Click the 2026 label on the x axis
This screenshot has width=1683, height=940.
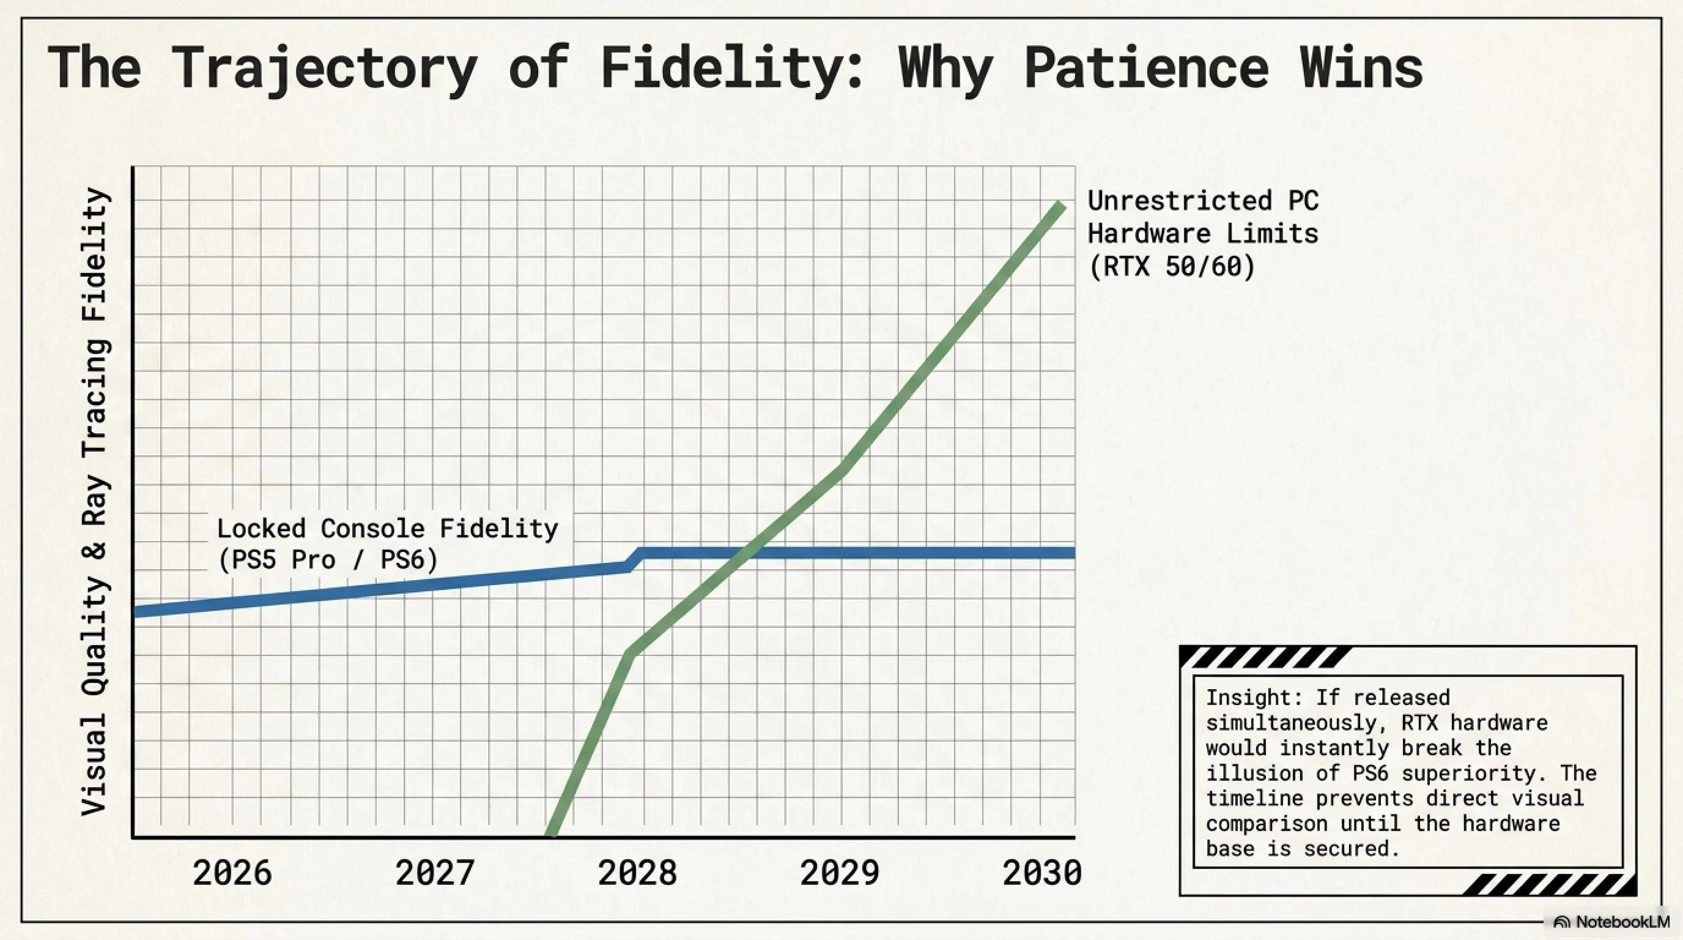(x=232, y=873)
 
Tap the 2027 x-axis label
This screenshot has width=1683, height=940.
(x=434, y=873)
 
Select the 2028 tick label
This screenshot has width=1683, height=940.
(x=637, y=873)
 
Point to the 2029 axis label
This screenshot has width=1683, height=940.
(x=840, y=873)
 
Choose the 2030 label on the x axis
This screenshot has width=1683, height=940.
(x=1042, y=873)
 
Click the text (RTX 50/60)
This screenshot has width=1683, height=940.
(x=1172, y=267)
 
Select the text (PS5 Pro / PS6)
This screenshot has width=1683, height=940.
(x=327, y=560)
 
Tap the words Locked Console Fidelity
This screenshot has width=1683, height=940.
(x=388, y=528)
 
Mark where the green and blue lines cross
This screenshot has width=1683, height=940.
(x=744, y=554)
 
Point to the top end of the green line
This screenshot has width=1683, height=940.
(x=1061, y=206)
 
